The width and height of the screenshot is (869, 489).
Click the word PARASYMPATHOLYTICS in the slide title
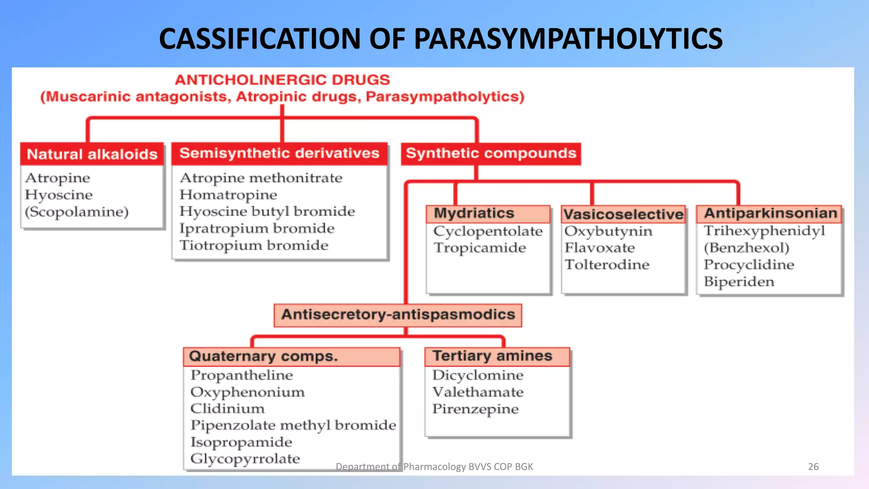(x=568, y=39)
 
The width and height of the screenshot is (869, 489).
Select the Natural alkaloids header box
(x=92, y=154)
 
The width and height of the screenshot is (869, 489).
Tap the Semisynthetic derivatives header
(x=279, y=153)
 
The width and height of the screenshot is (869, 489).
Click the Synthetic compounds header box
(x=491, y=153)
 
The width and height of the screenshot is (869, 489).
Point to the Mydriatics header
(x=474, y=214)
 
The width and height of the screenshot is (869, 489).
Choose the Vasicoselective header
(x=623, y=214)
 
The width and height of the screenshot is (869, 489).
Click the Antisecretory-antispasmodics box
(x=398, y=315)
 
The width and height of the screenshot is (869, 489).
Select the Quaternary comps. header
(x=264, y=357)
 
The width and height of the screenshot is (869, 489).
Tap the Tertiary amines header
(x=492, y=356)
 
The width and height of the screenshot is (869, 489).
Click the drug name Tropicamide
(x=479, y=248)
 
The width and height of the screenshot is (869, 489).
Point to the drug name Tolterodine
(x=607, y=265)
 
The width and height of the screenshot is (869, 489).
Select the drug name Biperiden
(x=739, y=282)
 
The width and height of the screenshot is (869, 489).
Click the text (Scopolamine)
(x=77, y=212)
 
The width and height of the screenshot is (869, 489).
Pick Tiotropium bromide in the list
(x=254, y=245)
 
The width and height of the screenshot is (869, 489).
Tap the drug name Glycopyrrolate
(x=245, y=459)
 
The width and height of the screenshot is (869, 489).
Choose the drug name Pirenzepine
(x=475, y=409)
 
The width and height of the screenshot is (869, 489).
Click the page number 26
(x=813, y=467)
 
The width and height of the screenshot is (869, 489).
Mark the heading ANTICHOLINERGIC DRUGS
(x=282, y=80)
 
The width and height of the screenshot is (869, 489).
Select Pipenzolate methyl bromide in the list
(x=293, y=425)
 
